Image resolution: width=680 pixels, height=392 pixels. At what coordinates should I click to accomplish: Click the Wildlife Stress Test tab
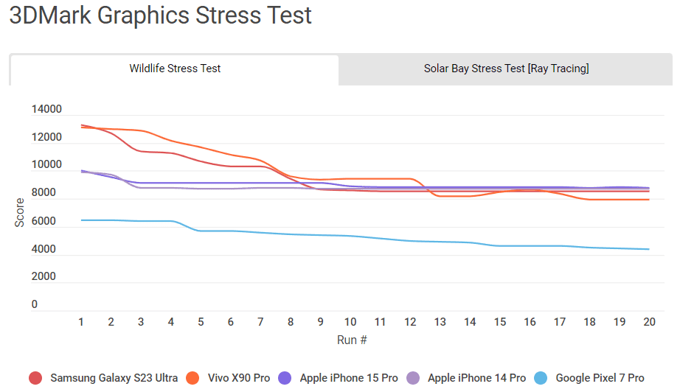(175, 69)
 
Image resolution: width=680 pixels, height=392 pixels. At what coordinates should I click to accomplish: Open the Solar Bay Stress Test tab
(506, 69)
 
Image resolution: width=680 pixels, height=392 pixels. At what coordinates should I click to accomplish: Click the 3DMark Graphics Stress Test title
(160, 15)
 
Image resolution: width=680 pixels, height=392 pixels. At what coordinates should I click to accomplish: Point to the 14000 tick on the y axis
(47, 110)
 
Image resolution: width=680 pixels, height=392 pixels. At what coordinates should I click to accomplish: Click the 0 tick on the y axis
(35, 304)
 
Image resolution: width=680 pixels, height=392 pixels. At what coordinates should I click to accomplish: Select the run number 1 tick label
(80, 322)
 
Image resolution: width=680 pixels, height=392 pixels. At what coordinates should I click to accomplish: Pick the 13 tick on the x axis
(440, 322)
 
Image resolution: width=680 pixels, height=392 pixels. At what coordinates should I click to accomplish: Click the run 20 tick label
(649, 322)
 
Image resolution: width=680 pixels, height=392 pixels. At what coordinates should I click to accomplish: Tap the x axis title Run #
(352, 340)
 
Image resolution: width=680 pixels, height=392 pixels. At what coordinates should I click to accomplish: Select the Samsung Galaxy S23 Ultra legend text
(114, 378)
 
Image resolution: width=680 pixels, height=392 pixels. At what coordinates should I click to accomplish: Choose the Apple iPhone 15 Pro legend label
(349, 378)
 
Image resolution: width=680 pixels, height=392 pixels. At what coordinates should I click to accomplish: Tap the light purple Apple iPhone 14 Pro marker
(414, 378)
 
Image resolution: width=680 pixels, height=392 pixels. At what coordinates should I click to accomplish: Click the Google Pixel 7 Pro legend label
(600, 378)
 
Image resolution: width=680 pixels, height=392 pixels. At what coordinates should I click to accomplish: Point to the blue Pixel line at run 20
(649, 249)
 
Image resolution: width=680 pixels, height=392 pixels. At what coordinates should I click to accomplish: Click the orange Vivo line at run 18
(589, 199)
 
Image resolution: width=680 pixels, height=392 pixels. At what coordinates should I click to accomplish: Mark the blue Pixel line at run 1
(81, 220)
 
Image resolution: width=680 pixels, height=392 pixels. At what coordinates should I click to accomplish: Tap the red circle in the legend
(35, 378)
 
